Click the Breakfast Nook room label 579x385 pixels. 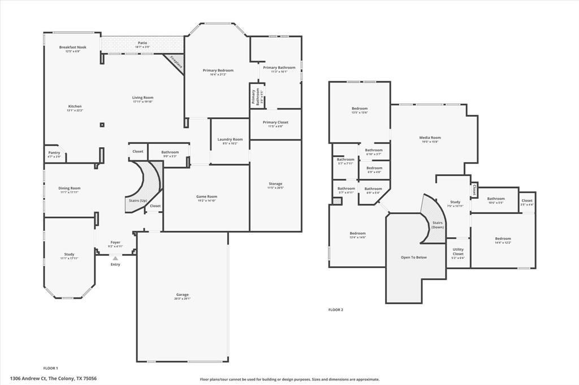72,47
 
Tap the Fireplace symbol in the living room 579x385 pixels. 175,63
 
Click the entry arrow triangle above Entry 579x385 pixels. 115,258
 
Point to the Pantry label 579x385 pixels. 54,152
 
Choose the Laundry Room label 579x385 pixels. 230,139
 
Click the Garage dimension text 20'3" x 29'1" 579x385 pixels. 182,299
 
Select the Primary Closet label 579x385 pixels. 275,122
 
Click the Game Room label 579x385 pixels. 207,196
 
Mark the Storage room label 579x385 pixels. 275,183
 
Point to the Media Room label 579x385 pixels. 430,138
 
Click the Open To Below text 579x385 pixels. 414,257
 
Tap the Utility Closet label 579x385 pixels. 458,251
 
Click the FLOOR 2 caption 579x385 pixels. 336,309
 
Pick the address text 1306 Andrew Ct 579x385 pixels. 28,379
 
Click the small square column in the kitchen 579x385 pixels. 102,125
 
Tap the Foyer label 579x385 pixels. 115,242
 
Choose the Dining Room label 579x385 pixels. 70,188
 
